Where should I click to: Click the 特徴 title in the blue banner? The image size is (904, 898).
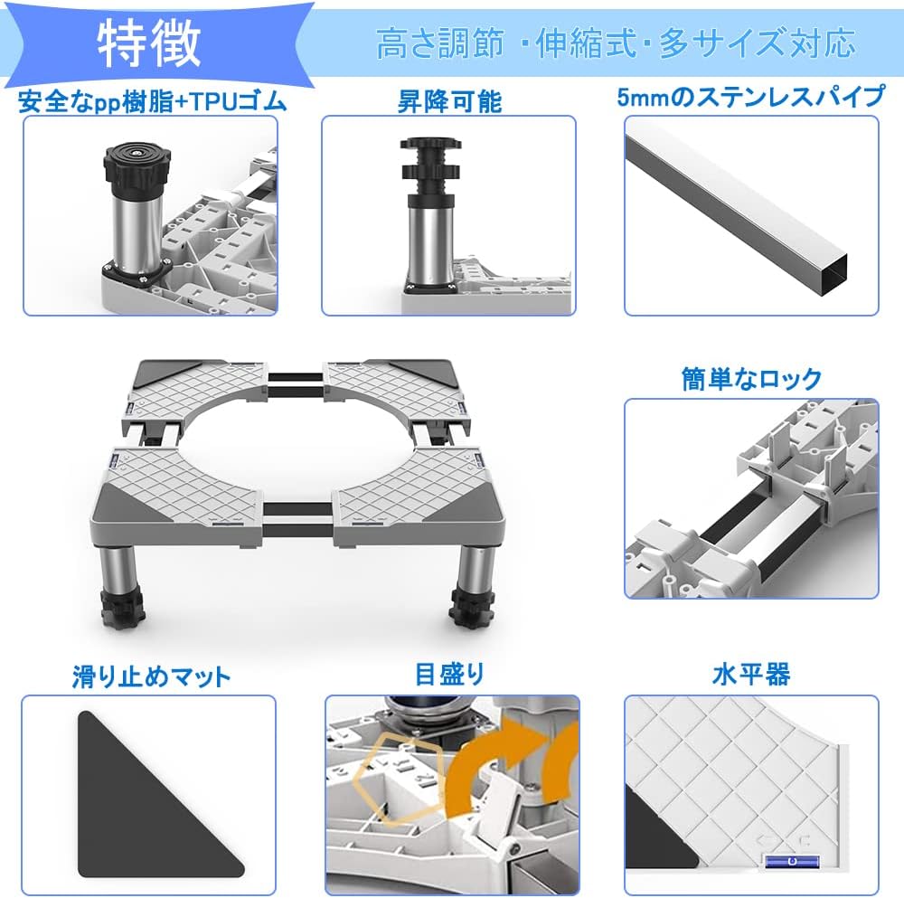149,43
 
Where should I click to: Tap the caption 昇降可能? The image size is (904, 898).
449,101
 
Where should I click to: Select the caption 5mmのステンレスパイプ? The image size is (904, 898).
750,97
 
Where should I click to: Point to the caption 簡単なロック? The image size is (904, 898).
751,379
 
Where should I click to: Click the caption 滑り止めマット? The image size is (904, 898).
151,676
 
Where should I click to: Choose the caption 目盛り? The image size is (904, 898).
449,675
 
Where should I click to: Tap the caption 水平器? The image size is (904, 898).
751,674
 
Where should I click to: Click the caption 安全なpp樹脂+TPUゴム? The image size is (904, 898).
152,101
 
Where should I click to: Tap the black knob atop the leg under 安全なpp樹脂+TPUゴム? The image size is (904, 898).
137,163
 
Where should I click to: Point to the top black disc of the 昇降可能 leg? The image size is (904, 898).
430,144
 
